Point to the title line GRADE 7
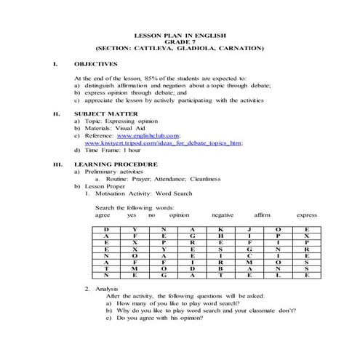(180, 41)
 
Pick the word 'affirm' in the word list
(262, 215)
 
